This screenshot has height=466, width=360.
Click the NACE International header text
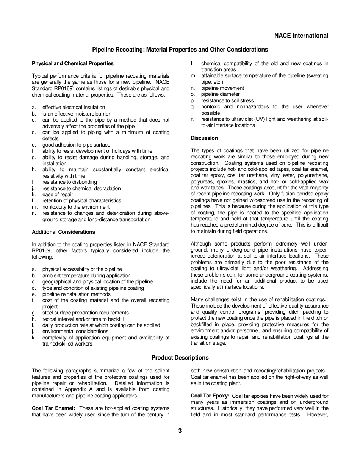(x=301, y=36)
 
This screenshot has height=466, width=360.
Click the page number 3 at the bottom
(x=180, y=430)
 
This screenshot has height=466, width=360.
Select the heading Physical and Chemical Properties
(x=73, y=63)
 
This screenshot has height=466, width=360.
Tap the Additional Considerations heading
(x=64, y=232)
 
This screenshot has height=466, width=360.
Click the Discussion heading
(x=204, y=138)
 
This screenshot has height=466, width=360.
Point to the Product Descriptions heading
(x=180, y=358)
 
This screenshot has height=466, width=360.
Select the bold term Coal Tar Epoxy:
(x=210, y=396)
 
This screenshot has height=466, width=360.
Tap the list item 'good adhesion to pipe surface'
(x=76, y=145)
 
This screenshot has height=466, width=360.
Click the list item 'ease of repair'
(x=58, y=194)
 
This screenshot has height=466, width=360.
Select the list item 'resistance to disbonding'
(x=69, y=182)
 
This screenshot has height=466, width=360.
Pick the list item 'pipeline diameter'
(x=220, y=94)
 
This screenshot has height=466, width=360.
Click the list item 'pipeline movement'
(x=222, y=88)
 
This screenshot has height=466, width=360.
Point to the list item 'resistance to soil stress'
(x=227, y=100)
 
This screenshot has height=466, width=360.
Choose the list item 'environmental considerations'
(x=75, y=331)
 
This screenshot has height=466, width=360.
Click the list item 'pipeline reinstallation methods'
(x=76, y=294)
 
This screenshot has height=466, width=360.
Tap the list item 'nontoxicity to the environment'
(x=76, y=207)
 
